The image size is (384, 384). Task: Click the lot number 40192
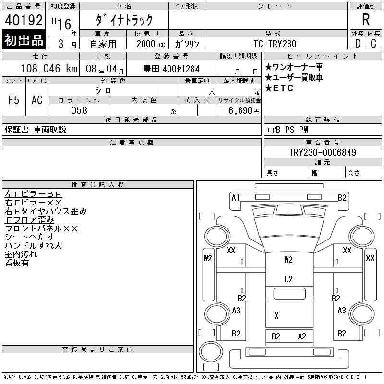point(24,21)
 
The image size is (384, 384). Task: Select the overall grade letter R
point(366,20)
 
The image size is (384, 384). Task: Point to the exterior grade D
point(358,43)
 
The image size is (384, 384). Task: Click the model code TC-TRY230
point(276,44)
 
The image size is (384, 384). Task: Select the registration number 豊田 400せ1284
point(171,69)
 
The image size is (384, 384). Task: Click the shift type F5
point(14,100)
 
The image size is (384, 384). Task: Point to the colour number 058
point(79,110)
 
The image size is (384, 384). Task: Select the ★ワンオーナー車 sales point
point(294,67)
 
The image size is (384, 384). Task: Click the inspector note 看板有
point(17,263)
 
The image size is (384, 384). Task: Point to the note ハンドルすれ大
point(33,245)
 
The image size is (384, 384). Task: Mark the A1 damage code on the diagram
point(235,197)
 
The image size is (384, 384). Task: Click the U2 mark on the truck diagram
point(288,279)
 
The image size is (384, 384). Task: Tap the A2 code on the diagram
point(301,336)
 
